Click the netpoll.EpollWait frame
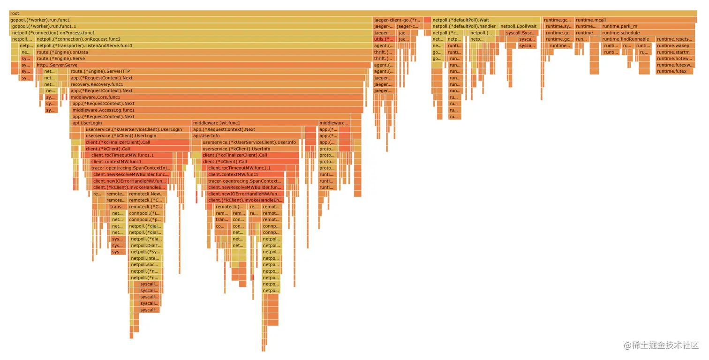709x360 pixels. [x=519, y=27]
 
